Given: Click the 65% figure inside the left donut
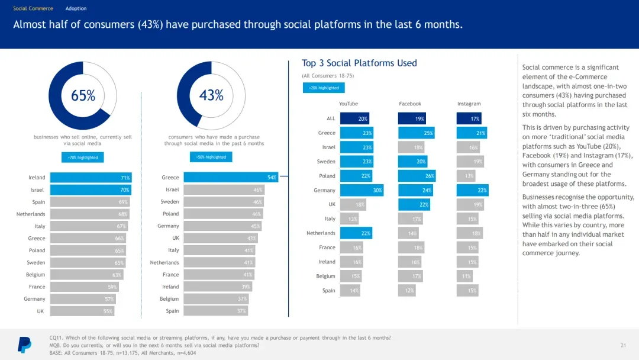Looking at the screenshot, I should click(x=83, y=95).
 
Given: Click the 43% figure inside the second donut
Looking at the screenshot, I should click(x=211, y=95).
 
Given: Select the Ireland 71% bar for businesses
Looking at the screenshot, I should click(x=91, y=178).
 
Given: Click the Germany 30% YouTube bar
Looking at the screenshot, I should click(x=362, y=190).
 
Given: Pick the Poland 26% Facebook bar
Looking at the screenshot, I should click(x=417, y=176).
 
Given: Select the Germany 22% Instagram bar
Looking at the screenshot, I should click(x=472, y=190).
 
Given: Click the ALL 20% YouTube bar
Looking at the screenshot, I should click(x=354, y=118).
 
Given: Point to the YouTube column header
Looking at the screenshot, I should click(x=348, y=104).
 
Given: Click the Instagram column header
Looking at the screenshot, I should click(x=469, y=104).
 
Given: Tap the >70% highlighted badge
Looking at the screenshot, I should click(x=83, y=157).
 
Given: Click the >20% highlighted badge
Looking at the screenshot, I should click(x=324, y=88).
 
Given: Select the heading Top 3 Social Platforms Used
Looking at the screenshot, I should click(x=359, y=63).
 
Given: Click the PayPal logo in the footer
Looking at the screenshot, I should click(x=24, y=344).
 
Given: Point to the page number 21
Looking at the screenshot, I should click(x=623, y=345).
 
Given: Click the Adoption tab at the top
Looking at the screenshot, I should click(x=76, y=9).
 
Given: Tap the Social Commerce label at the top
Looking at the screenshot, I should click(x=33, y=9).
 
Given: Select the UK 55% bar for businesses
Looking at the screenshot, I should click(x=82, y=311).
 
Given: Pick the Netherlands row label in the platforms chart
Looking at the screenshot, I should click(x=321, y=233).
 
